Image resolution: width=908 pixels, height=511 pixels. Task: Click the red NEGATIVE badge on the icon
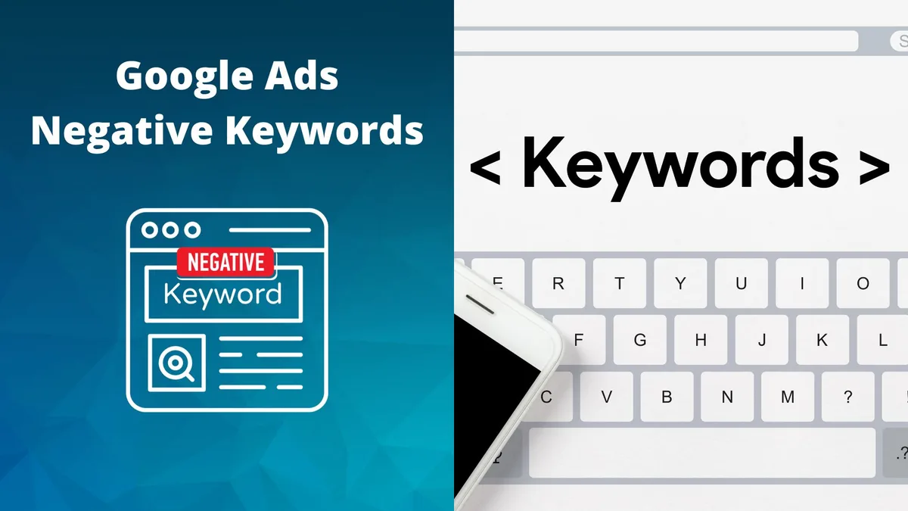tap(225, 263)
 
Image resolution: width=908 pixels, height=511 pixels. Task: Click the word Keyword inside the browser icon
tap(222, 293)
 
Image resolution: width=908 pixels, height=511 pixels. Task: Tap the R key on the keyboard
tap(558, 284)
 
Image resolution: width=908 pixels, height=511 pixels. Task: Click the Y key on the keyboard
tap(680, 284)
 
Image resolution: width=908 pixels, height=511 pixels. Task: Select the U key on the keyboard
tap(741, 284)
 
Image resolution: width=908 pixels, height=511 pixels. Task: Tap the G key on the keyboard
tap(640, 340)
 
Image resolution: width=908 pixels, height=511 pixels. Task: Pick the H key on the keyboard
tap(701, 340)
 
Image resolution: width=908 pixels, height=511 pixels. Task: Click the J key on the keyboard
tap(761, 340)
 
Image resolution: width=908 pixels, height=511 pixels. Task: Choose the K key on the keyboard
tap(822, 340)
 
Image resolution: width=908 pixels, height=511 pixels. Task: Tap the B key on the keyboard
tap(667, 397)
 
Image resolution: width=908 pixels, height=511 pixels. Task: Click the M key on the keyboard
tap(788, 397)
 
